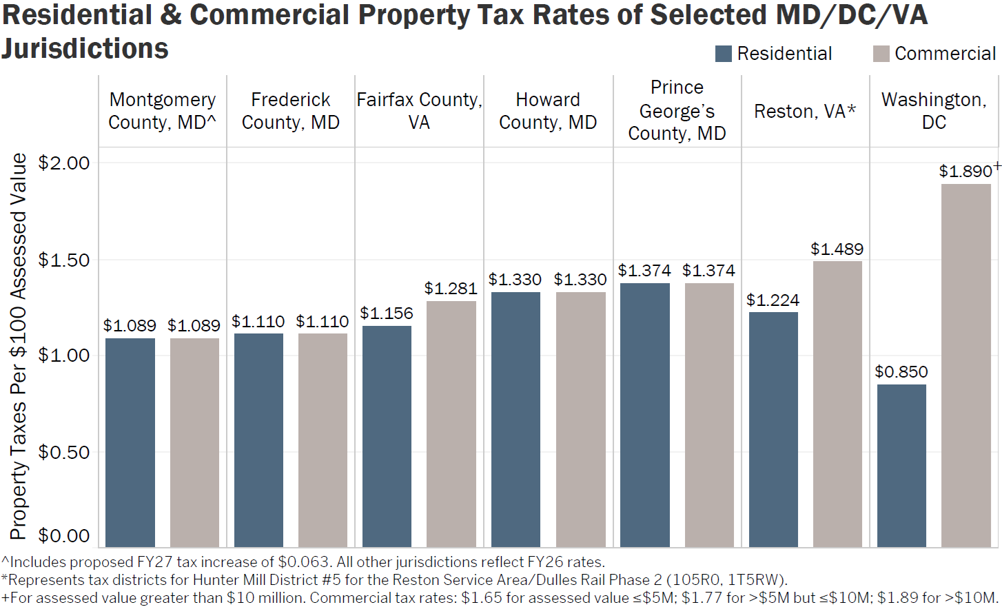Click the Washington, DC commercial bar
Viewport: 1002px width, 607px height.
965,365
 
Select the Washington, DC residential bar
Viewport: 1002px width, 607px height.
901,466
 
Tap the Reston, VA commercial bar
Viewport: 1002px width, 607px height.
837,404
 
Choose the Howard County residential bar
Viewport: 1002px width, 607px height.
515,420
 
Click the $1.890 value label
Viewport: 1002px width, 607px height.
965,172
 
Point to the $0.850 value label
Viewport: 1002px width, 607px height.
901,372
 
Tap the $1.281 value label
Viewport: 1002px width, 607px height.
451,289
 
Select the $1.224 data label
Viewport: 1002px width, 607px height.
773,300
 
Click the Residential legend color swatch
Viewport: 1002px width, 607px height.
723,54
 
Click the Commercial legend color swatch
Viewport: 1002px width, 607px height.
881,54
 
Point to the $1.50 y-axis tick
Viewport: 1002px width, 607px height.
64,260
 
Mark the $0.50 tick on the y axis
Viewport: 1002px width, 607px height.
64,452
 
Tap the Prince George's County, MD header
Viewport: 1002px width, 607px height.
677,111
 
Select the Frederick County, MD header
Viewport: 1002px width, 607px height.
290,111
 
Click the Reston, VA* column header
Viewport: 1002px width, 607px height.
805,111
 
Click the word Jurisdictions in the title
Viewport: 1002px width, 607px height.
85,49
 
